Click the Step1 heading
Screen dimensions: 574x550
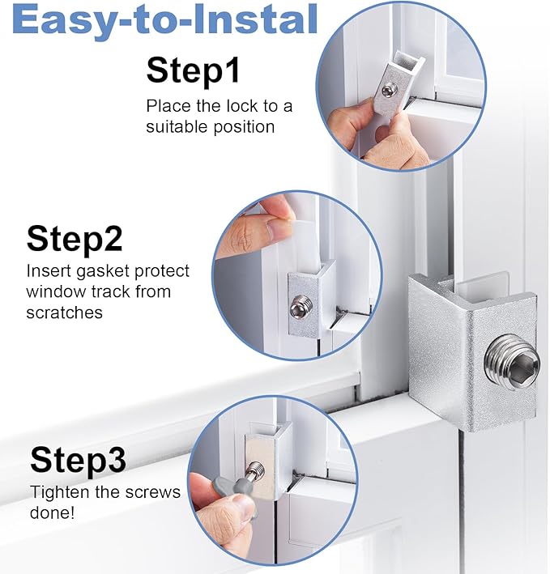tap(193, 70)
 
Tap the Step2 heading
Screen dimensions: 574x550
tap(75, 239)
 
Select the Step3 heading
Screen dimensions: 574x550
tap(78, 461)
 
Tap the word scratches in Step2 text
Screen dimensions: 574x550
tap(65, 312)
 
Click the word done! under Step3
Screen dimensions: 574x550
tap(53, 512)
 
